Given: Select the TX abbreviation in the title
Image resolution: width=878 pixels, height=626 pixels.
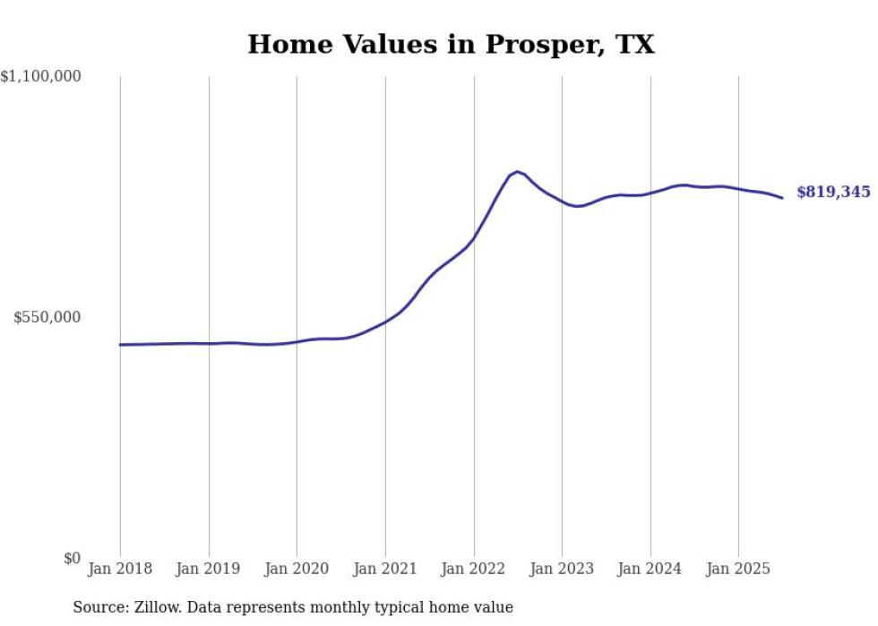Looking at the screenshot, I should tap(634, 45).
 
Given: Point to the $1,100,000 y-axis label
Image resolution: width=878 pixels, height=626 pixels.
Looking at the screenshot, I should tap(40, 77).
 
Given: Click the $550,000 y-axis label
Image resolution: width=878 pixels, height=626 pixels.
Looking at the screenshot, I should tap(47, 317).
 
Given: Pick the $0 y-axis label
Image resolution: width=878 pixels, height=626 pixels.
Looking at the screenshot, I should tap(72, 558).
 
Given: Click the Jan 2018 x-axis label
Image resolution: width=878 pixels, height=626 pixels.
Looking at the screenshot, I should tap(120, 569).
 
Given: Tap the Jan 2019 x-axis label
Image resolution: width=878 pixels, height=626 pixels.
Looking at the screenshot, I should tap(209, 569).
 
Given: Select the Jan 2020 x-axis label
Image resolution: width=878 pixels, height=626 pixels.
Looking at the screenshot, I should tap(297, 569).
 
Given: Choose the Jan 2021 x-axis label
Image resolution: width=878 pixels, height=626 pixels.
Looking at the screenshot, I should tap(385, 569).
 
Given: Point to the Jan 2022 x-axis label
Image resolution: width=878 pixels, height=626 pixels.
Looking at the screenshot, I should tap(474, 569).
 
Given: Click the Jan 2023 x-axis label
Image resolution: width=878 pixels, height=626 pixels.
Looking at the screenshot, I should tap(562, 569).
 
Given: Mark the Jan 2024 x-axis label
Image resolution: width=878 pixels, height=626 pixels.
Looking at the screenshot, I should tap(650, 569).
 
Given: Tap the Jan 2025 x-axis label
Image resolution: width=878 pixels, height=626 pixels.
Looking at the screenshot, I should tap(738, 569).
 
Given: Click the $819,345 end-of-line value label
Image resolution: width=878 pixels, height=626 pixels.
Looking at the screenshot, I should tap(833, 192).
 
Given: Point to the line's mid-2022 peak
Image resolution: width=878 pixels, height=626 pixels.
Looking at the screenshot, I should tap(518, 171).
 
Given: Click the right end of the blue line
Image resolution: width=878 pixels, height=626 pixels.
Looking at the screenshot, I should tap(782, 198).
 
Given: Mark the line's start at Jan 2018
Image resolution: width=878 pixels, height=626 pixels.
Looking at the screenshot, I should tap(120, 345).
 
